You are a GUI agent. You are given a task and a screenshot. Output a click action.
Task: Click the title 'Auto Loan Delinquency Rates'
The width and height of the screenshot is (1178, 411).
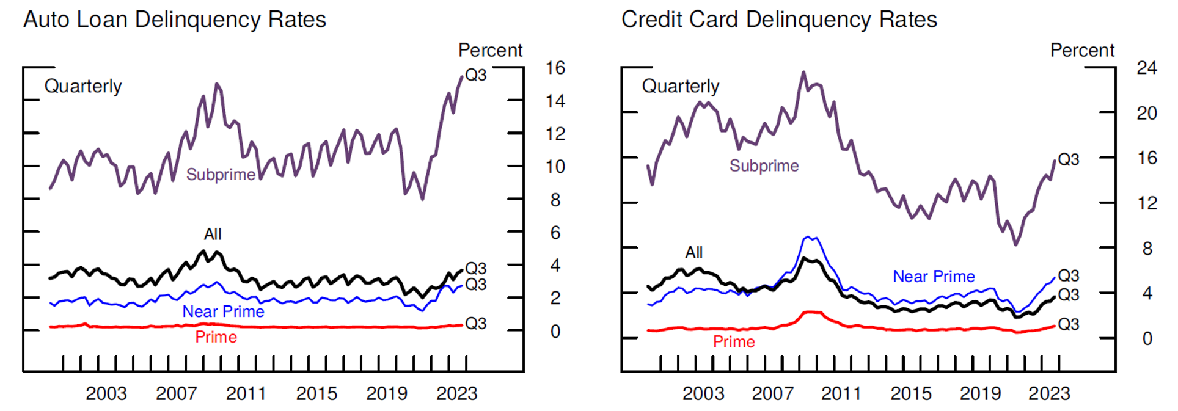point(175,20)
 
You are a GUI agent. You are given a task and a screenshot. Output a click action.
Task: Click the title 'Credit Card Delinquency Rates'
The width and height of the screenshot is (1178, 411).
point(779,20)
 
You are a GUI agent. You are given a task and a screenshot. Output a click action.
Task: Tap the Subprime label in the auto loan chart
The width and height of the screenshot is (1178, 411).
point(221,175)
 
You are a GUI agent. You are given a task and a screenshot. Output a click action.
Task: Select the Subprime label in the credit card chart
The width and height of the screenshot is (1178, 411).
point(764,165)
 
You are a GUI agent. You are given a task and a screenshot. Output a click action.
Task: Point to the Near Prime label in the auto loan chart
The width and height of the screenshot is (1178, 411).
point(223,311)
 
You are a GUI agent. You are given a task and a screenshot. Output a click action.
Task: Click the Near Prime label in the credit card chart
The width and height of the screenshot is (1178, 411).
point(934,277)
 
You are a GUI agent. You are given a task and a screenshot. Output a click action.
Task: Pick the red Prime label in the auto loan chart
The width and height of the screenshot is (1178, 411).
point(216,337)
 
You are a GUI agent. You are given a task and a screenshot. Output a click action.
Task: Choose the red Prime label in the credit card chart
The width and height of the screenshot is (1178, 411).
point(734,342)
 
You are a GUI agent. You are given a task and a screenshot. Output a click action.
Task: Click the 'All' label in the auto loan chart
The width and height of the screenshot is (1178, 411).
point(213,234)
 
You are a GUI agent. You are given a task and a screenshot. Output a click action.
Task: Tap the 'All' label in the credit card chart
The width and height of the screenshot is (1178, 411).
point(694,252)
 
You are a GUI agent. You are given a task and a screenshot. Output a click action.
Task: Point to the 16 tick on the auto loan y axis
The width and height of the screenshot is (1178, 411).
point(555,68)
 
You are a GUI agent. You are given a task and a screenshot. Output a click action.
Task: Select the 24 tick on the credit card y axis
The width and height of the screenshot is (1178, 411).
point(1147,68)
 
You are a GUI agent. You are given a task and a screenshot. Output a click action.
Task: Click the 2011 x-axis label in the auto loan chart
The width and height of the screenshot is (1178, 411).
point(246,394)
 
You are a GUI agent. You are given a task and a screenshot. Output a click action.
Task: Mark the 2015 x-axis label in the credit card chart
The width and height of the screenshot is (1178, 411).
point(911,394)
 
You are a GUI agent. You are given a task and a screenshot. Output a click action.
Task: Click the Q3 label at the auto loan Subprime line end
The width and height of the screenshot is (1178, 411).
point(476,75)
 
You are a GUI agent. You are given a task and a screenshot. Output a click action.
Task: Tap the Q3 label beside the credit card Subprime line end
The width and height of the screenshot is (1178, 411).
point(1069,159)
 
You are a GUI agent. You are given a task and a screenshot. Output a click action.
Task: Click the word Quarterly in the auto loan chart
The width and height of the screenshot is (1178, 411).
point(83,86)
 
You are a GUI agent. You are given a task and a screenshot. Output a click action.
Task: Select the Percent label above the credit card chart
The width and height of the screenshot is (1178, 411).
point(1082,50)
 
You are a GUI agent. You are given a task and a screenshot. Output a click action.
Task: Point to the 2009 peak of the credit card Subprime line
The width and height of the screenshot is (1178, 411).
point(803,73)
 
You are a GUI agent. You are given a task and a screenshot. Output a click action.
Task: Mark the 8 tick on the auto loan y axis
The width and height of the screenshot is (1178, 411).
point(555,200)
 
